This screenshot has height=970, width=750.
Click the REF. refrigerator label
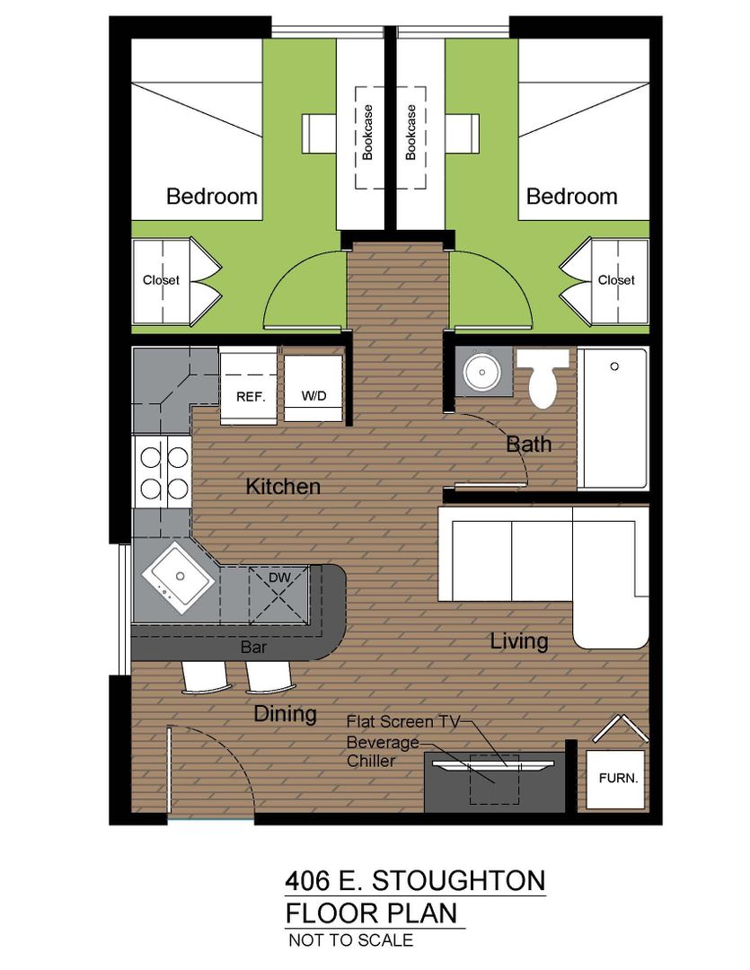click(x=251, y=397)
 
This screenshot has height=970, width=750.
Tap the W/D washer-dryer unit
click(x=313, y=388)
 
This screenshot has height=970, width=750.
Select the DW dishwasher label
click(x=279, y=578)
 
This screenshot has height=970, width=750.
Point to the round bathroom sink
click(x=482, y=372)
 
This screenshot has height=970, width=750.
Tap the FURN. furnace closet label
click(x=618, y=778)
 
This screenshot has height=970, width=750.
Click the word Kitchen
click(x=283, y=486)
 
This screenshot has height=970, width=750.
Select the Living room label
click(x=519, y=641)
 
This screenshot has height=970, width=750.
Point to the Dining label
click(x=286, y=715)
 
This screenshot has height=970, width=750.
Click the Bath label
click(x=528, y=444)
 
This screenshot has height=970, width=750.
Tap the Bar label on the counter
click(x=253, y=647)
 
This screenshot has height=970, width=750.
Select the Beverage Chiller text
click(x=383, y=751)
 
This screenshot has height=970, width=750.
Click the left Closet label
click(x=161, y=280)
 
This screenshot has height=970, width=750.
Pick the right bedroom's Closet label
click(x=616, y=280)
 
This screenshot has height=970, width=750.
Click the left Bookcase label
click(x=367, y=132)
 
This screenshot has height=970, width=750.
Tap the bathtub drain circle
click(x=614, y=366)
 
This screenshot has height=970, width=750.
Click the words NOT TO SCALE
click(x=351, y=940)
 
